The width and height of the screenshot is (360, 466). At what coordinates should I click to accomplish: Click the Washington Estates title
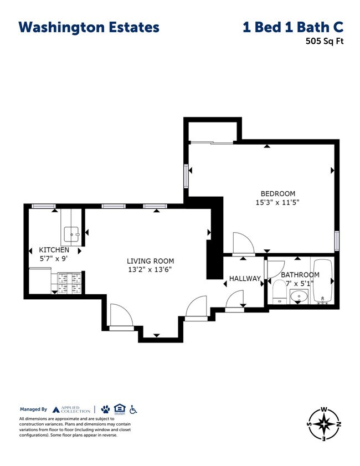point(89,27)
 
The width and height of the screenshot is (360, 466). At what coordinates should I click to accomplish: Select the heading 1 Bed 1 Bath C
point(292,27)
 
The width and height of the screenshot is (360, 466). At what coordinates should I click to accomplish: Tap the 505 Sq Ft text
point(324,40)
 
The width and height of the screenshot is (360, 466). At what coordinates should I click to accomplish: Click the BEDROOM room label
point(277,193)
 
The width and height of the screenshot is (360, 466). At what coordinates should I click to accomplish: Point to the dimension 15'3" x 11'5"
point(277,202)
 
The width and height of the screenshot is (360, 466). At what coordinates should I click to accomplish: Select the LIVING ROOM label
point(150,261)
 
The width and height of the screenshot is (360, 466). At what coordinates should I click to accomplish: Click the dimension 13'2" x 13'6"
point(150,270)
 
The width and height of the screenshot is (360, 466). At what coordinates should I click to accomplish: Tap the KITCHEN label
point(54,250)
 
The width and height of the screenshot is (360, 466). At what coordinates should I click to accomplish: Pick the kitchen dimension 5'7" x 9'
point(54,258)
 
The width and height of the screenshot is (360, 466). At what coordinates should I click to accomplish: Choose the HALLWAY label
point(245,279)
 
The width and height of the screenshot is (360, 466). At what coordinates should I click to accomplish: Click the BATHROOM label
point(300,275)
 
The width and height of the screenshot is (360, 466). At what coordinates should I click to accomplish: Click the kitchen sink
point(72,234)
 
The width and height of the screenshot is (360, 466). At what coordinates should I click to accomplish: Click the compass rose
point(324,424)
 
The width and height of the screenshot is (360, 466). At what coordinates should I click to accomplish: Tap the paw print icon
point(105,409)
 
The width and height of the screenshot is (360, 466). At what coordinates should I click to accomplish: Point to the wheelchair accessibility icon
point(133,409)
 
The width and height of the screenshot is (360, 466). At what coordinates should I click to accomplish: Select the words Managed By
point(33,409)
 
